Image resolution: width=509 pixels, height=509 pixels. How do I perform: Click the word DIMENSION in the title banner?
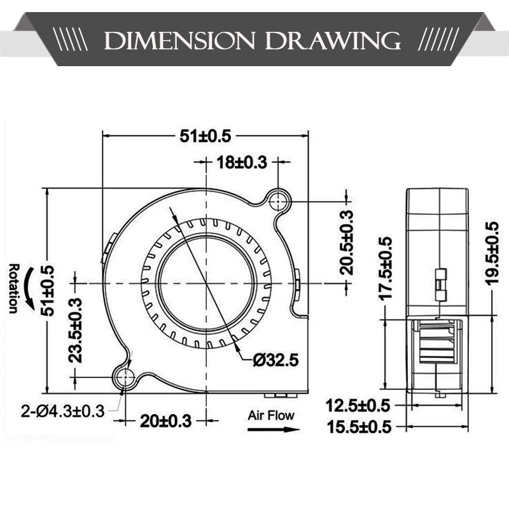(x=179, y=41)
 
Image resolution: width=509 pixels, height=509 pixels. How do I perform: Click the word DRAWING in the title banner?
(x=332, y=41)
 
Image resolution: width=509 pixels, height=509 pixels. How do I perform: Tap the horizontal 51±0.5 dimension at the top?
(x=206, y=136)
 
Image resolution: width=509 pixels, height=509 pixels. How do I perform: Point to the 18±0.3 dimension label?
(x=242, y=162)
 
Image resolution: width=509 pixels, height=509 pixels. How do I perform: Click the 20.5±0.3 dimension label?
(x=346, y=242)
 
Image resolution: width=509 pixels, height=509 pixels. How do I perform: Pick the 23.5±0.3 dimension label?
(x=75, y=330)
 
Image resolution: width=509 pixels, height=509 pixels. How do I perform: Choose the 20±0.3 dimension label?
(x=166, y=421)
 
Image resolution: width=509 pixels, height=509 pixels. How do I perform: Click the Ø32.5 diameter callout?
(x=275, y=360)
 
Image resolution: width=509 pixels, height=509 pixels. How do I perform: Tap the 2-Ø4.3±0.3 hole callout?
(x=62, y=411)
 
